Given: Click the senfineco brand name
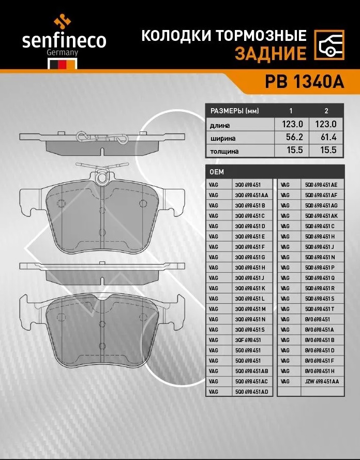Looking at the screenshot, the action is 64,41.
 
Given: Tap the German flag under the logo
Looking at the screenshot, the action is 63,64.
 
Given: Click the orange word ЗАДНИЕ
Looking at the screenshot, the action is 271,53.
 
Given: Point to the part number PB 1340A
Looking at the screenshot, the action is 304,82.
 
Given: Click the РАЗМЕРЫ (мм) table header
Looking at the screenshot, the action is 234,111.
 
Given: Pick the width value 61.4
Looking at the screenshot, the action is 326,137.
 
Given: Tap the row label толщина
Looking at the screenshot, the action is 224,152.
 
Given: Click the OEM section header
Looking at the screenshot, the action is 217,172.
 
